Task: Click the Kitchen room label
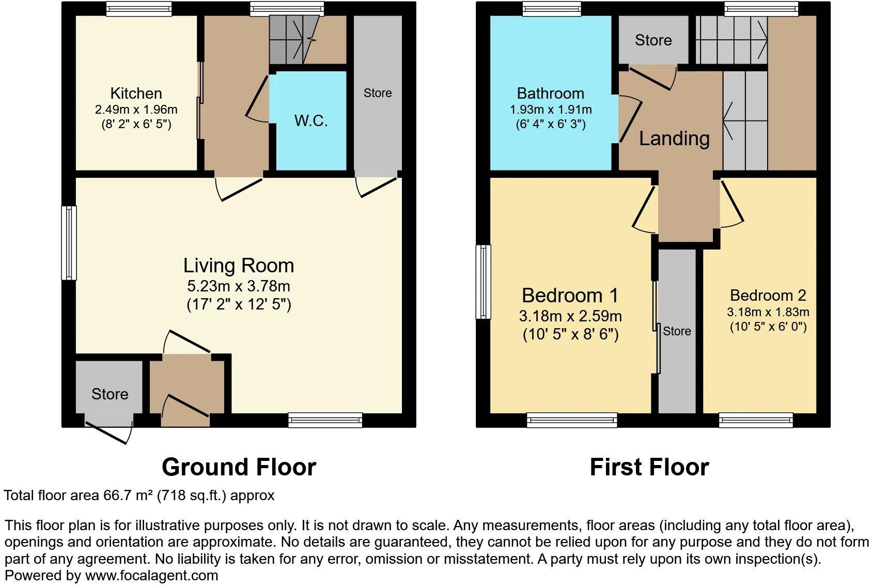(x=136, y=94)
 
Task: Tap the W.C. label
(x=311, y=120)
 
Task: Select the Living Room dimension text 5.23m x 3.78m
(x=239, y=286)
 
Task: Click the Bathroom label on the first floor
(x=550, y=94)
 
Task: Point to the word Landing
(x=674, y=138)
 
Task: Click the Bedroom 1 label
(x=570, y=296)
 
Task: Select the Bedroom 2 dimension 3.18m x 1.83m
(x=768, y=312)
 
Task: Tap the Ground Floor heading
(x=239, y=467)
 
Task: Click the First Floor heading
(x=649, y=467)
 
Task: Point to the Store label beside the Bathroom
(x=653, y=40)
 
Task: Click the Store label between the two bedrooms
(x=677, y=331)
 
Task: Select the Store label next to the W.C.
(x=377, y=93)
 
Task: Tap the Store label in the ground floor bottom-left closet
(x=110, y=394)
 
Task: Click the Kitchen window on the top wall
(x=138, y=9)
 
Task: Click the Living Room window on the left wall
(x=69, y=243)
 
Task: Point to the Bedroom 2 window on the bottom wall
(x=756, y=420)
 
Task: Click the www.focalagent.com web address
(x=151, y=575)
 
